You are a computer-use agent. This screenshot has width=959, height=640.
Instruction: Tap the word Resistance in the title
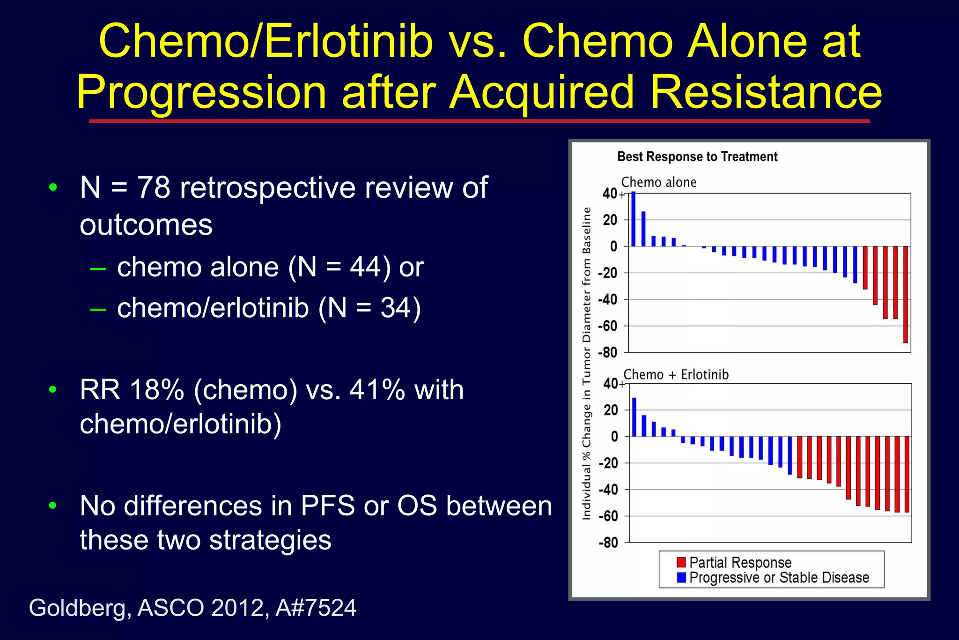(x=766, y=92)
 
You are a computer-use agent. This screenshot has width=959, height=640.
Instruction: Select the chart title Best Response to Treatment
(x=697, y=156)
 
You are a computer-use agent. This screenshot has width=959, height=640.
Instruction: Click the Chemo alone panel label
(x=658, y=182)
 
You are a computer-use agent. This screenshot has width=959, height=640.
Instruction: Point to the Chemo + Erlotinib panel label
(x=676, y=374)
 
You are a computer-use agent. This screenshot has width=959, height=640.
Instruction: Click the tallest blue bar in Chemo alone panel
(x=633, y=219)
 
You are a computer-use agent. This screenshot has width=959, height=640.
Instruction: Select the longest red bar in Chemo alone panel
(x=905, y=294)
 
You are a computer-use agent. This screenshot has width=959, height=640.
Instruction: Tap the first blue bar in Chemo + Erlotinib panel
(x=634, y=417)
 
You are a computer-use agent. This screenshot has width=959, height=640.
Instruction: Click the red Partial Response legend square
(x=681, y=562)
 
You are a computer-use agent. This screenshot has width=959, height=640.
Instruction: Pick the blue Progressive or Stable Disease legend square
(x=681, y=577)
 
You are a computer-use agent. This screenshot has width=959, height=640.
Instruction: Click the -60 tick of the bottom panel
(x=608, y=516)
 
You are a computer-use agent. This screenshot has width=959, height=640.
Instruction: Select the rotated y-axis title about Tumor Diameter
(x=586, y=364)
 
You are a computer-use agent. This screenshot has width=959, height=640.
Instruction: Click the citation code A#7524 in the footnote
(x=316, y=608)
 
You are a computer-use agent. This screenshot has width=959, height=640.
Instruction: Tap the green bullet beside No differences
(x=53, y=506)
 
